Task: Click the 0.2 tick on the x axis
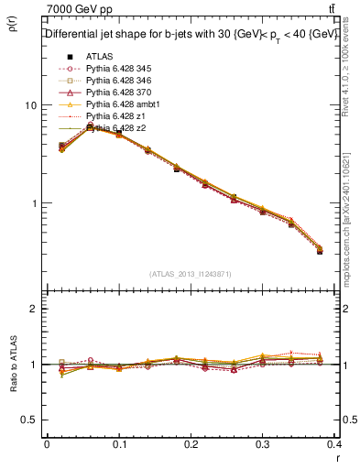pos(191,442)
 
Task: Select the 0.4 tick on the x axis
pos(334,442)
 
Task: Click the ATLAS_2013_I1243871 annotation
pos(190,275)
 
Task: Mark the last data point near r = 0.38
pos(320,250)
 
